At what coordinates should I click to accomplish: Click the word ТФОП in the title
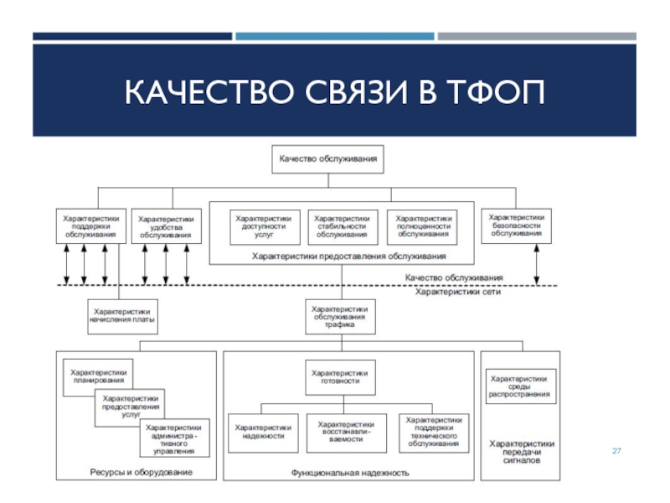coord(496,91)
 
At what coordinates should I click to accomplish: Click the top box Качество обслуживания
coord(327,159)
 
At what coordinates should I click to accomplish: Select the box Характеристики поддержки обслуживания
coord(91,226)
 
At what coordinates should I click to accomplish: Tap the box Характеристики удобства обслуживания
coord(166,226)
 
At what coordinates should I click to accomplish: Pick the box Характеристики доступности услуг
coord(265,227)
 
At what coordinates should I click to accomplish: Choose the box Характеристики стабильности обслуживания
coord(343,227)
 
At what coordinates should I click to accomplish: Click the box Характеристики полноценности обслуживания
coord(422,227)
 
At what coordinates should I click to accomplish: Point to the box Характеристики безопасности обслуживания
coord(516,226)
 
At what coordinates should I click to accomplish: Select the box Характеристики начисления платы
coord(122,317)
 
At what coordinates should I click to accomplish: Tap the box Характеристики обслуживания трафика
coord(341,317)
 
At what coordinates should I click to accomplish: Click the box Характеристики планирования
coord(98,377)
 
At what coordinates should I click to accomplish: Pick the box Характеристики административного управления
coord(175,438)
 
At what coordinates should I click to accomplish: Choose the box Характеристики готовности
coord(341,377)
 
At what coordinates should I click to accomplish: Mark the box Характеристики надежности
coord(263,433)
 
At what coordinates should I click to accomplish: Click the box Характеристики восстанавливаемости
coord(347,433)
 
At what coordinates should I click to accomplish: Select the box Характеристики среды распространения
coord(521,386)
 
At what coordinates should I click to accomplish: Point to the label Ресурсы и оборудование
coord(141,472)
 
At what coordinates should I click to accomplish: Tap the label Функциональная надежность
coord(350,473)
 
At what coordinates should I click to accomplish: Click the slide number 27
coord(616,451)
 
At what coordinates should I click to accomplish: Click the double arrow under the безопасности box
coord(537,264)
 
